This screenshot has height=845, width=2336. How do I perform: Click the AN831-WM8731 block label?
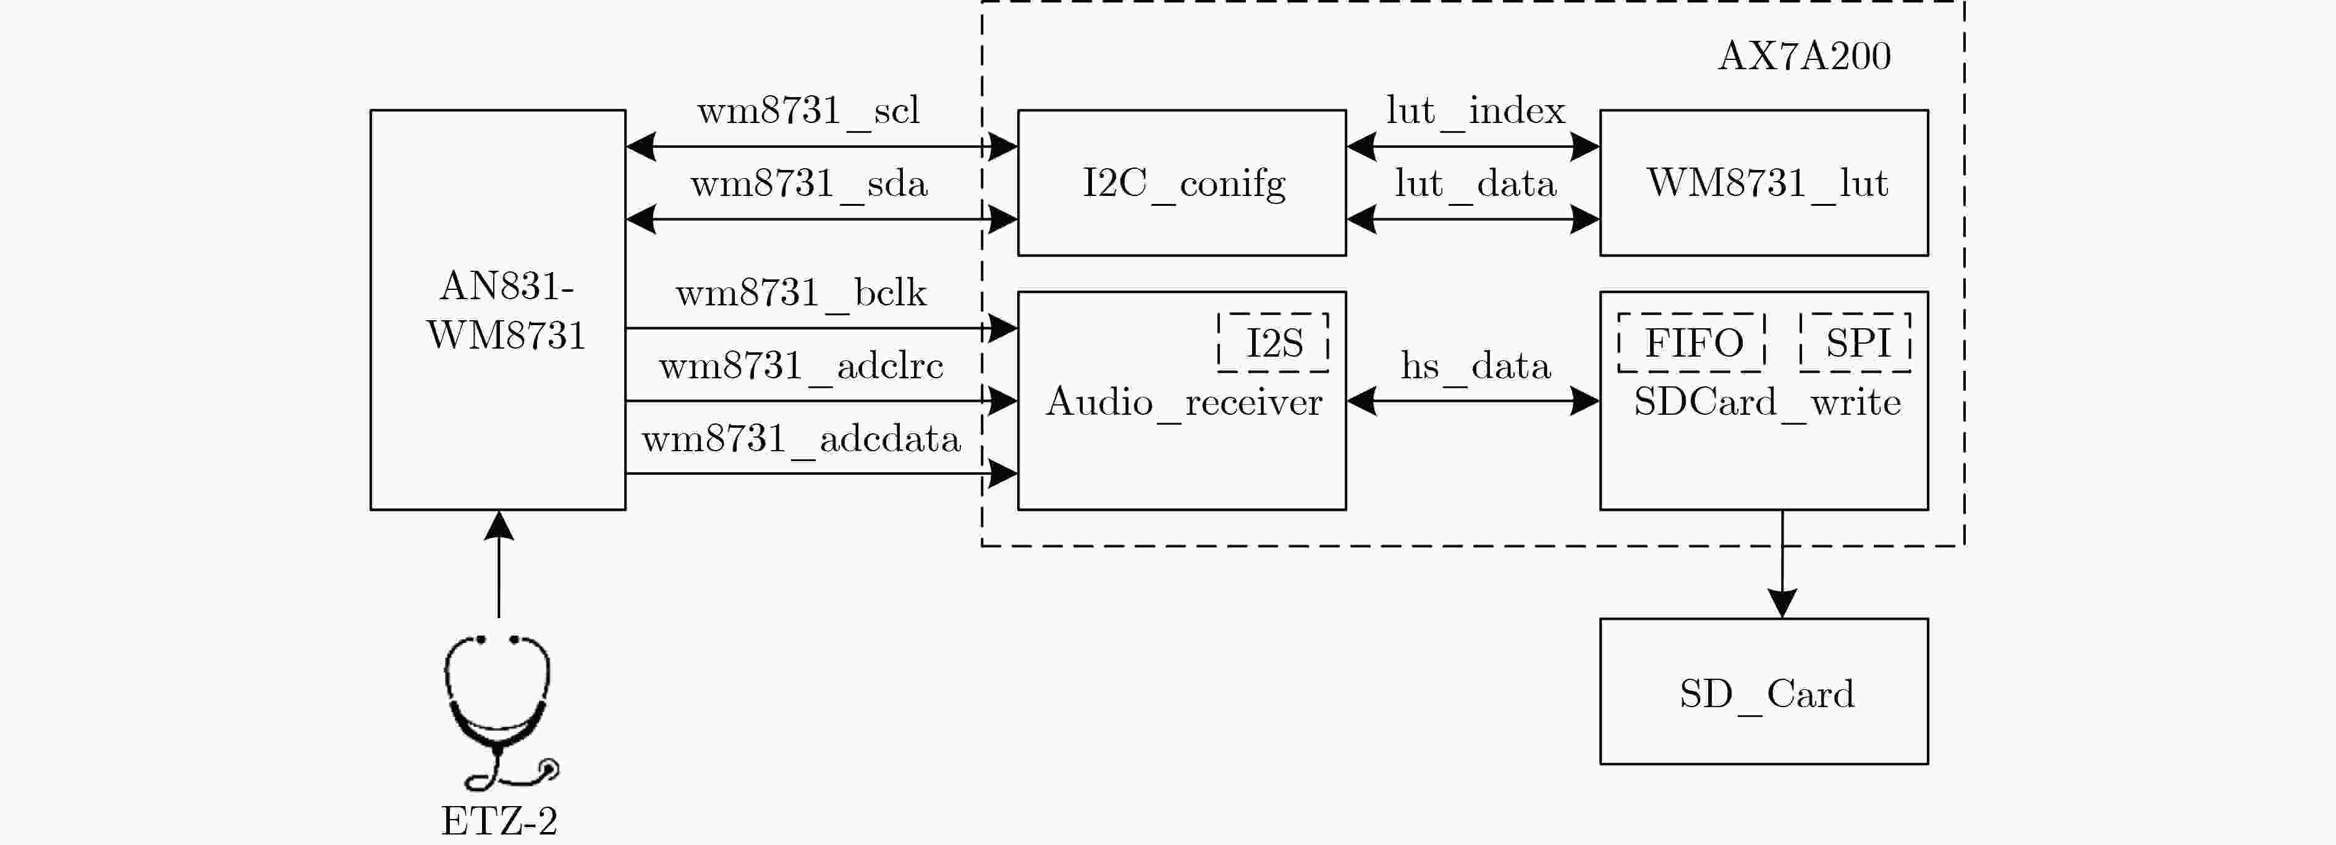tap(506, 310)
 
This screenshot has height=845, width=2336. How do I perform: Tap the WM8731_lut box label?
tap(1766, 183)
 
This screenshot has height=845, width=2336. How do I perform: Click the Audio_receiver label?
tap(1183, 402)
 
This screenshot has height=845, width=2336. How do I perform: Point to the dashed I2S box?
tap(1273, 342)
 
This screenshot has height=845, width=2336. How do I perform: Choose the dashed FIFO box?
tap(1692, 342)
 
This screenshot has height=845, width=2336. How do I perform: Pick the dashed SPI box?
tap(1855, 342)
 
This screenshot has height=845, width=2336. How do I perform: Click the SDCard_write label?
tap(1766, 402)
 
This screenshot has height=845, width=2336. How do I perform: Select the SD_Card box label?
tap(1766, 695)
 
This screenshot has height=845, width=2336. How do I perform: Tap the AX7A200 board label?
tap(1804, 56)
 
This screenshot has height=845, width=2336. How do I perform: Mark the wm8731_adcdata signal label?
tap(801, 439)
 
